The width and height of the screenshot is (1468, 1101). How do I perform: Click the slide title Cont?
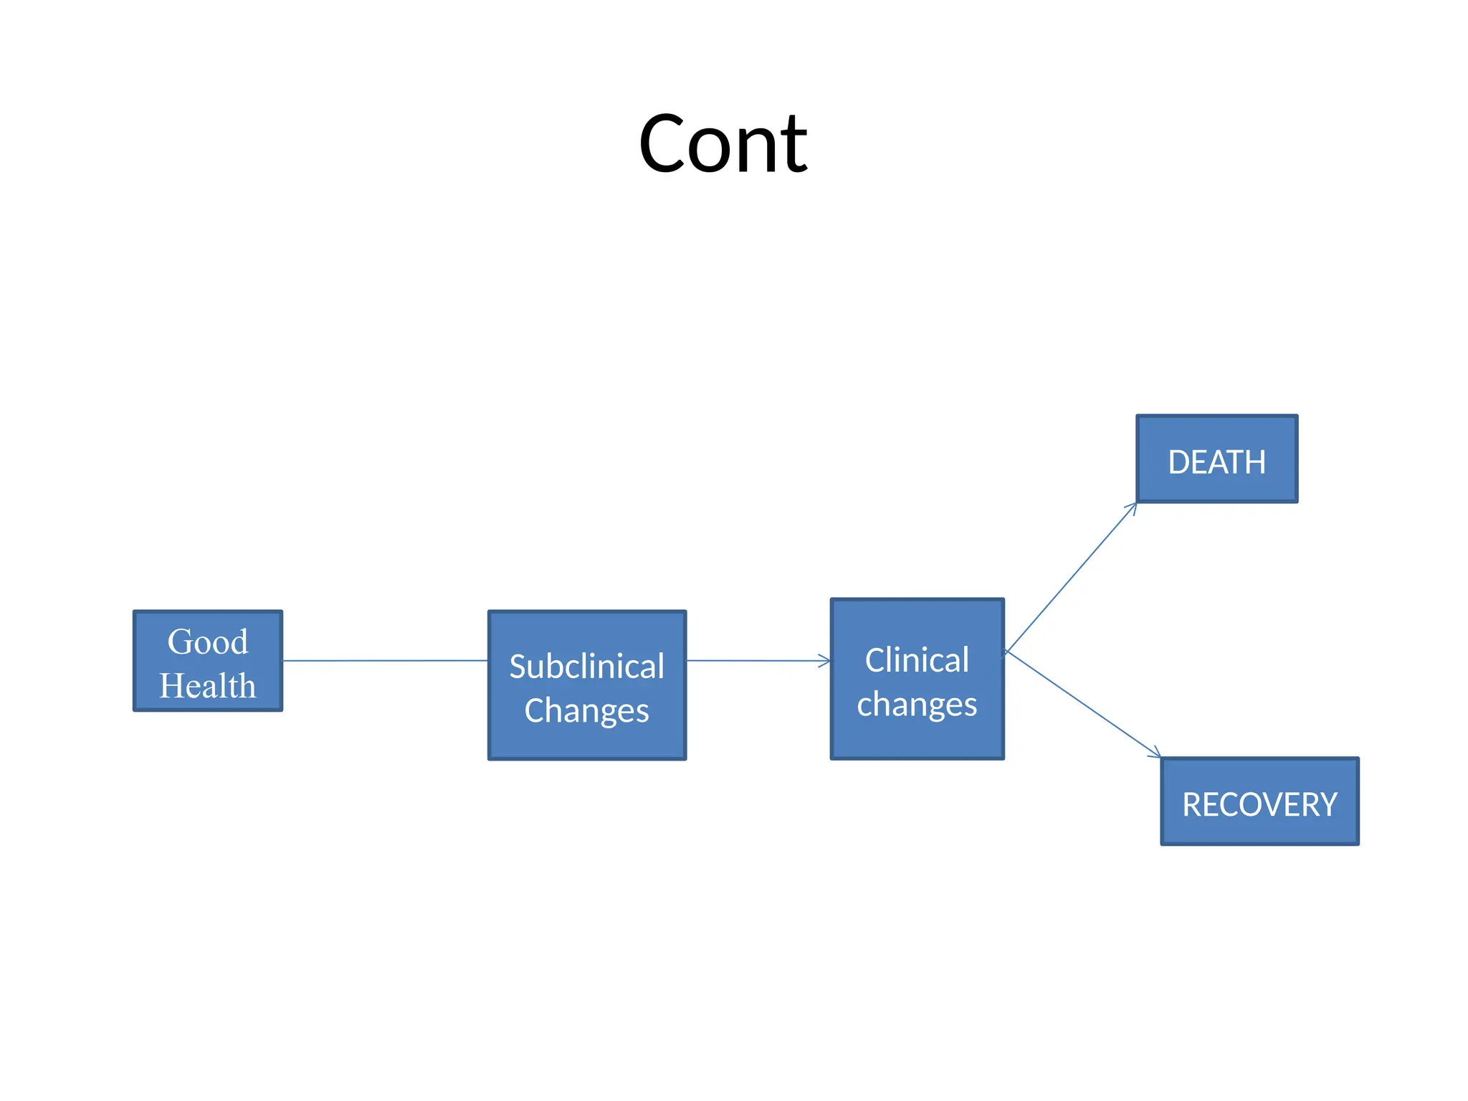click(x=723, y=145)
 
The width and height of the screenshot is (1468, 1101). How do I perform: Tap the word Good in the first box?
click(x=207, y=642)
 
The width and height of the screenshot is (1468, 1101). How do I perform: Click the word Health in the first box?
click(x=207, y=686)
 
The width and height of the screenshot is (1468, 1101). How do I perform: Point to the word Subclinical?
click(x=586, y=667)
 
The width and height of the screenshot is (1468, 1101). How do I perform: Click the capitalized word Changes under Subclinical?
click(x=586, y=711)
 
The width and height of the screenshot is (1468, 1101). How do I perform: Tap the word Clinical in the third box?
click(x=917, y=660)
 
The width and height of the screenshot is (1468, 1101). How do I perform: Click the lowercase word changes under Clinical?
click(x=917, y=705)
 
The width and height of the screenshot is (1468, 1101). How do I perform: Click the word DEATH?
click(x=1216, y=462)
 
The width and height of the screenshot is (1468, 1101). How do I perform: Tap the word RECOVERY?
click(x=1259, y=805)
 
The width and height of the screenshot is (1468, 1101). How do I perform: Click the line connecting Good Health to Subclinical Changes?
click(x=385, y=661)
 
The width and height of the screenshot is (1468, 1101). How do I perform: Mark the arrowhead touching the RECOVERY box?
click(x=1155, y=753)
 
